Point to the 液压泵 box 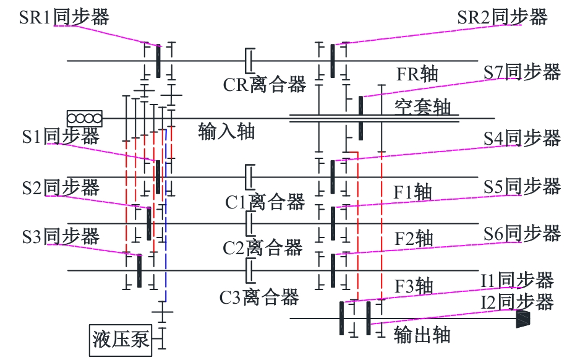tap(121, 340)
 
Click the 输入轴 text tap(226, 131)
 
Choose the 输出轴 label tap(422, 335)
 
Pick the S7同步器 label tap(521, 72)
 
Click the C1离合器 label tap(265, 201)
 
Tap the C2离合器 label tap(263, 247)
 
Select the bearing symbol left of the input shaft tap(85, 118)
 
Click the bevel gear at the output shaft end tap(523, 319)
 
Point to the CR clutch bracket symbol tap(250, 61)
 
